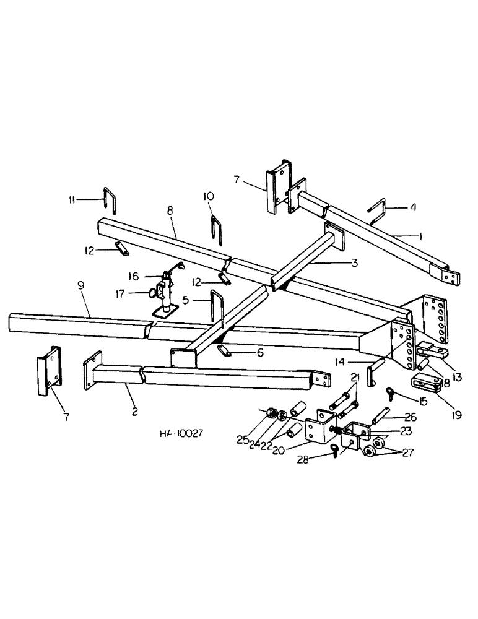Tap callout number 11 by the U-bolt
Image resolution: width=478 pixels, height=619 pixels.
click(x=74, y=200)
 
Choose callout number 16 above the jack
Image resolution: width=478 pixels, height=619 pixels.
click(x=133, y=275)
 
